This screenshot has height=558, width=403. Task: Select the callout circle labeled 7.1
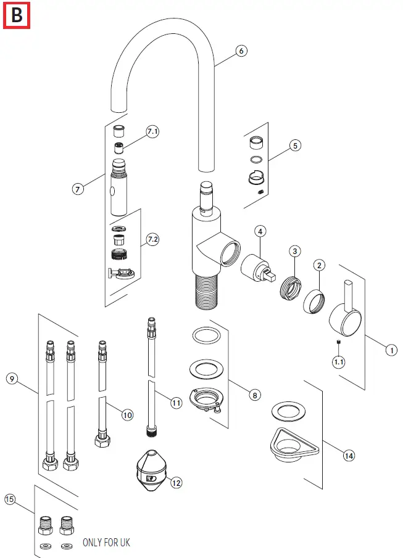tap(152, 132)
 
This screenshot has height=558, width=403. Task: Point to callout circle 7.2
tap(152, 240)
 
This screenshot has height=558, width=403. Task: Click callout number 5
tap(295, 146)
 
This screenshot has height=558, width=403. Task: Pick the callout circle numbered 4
tap(260, 231)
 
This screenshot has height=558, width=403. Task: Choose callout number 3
tap(296, 251)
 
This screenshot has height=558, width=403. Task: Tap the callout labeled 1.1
tap(339, 362)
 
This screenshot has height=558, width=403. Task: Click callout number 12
tap(177, 483)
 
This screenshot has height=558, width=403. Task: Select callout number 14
tap(349, 456)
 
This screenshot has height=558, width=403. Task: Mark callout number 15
tap(10, 499)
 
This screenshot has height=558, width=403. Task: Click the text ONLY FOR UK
tap(107, 543)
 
